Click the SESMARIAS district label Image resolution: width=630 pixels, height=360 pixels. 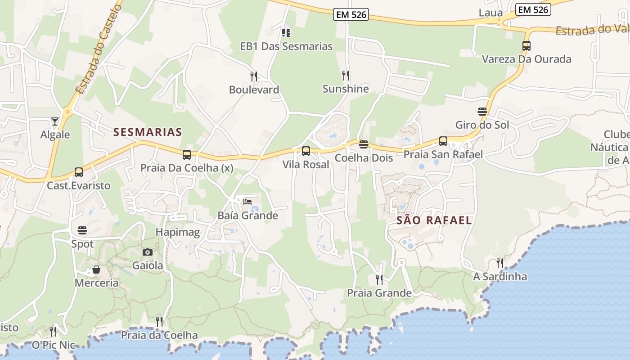pyautogui.click(x=148, y=132)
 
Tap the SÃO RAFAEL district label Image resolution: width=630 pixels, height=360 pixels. pyautogui.click(x=434, y=220)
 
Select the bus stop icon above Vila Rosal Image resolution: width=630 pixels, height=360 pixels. pyautogui.click(x=306, y=151)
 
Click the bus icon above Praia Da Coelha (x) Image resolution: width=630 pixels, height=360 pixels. pyautogui.click(x=187, y=155)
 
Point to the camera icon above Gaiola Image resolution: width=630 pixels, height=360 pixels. pyautogui.click(x=147, y=252)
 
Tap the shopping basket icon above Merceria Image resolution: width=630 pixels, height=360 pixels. pyautogui.click(x=96, y=270)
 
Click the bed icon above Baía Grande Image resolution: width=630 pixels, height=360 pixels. pyautogui.click(x=247, y=202)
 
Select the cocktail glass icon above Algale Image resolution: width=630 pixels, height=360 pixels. pyautogui.click(x=55, y=121)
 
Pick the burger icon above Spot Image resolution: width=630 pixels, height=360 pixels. pyautogui.click(x=82, y=230)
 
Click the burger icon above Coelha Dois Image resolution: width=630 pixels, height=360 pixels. pyautogui.click(x=364, y=144)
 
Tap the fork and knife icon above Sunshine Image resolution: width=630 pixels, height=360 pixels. pyautogui.click(x=346, y=75)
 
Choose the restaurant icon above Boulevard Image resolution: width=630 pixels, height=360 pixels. pyautogui.click(x=254, y=76)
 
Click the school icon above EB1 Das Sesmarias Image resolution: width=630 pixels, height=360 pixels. pyautogui.click(x=286, y=32)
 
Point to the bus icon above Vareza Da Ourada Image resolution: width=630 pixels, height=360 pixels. pyautogui.click(x=526, y=45)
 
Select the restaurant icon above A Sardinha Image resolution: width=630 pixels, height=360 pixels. pyautogui.click(x=500, y=263)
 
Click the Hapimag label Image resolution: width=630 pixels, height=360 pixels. pyautogui.click(x=177, y=232)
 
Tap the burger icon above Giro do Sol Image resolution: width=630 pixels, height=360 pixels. pyautogui.click(x=482, y=111)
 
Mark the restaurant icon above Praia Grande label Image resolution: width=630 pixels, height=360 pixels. pyautogui.click(x=379, y=279)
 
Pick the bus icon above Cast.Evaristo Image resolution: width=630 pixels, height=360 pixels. pyautogui.click(x=79, y=172)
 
